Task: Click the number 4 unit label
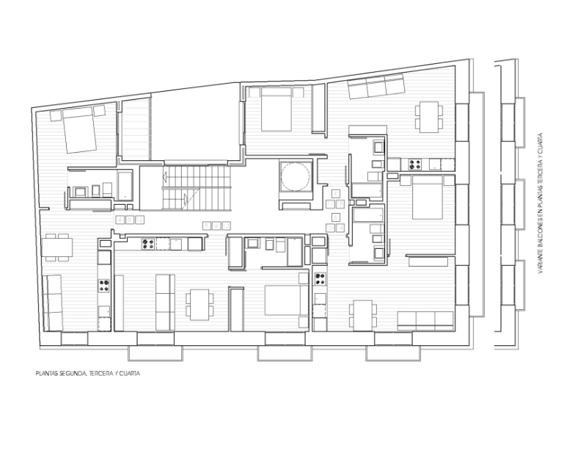[x=120, y=220]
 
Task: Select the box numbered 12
[x=139, y=220]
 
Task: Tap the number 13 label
[x=226, y=226]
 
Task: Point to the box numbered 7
[x=335, y=194]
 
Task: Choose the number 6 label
[x=336, y=217]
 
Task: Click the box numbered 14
[x=340, y=228]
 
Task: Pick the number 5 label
[x=207, y=226]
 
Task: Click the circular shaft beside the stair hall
[x=296, y=176]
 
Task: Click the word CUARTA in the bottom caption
[x=130, y=374]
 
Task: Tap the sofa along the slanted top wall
[x=376, y=86]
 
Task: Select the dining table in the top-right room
[x=429, y=117]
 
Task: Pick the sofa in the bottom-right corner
[x=425, y=321]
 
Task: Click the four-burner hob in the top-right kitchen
[x=414, y=165]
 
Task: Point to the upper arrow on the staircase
[x=164, y=177]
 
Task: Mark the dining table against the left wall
[x=56, y=247]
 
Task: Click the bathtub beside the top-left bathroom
[x=125, y=185]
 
